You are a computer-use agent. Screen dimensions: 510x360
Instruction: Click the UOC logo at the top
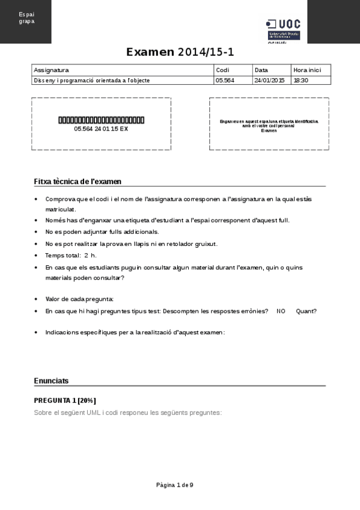pos(284,30)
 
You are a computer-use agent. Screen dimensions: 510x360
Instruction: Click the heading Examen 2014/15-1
pos(180,52)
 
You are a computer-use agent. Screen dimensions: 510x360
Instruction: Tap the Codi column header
pos(222,70)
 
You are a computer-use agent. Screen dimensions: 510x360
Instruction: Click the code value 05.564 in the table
pos(225,80)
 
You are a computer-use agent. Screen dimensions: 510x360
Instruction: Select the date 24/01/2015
pos(269,80)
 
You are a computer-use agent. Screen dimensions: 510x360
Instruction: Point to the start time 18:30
pos(301,80)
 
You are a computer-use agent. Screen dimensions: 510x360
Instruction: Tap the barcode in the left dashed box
pos(101,120)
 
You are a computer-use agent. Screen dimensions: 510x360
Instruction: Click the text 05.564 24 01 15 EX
pos(101,129)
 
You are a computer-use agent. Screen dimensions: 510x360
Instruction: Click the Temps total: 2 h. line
pos(71,256)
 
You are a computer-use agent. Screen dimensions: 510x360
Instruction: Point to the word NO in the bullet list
pos(281,311)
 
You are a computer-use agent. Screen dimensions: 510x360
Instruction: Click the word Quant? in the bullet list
pos(306,311)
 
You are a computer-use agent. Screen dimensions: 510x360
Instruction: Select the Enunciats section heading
pos(51,381)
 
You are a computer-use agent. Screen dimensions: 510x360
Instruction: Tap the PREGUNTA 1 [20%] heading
pos(65,401)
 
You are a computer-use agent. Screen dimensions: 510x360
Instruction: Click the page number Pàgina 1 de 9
pos(174,485)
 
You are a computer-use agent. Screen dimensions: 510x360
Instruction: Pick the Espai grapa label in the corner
pos(26,17)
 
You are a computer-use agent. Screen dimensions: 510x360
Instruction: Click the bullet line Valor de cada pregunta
pos(79,299)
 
